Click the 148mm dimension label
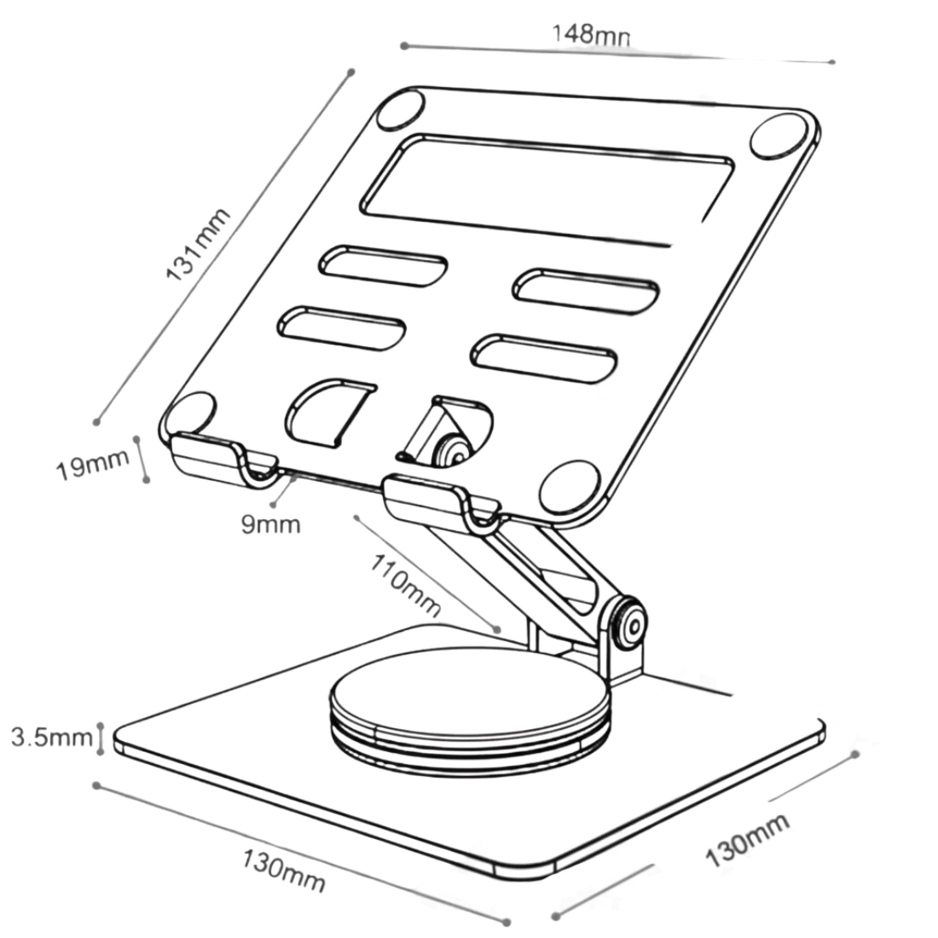[591, 35]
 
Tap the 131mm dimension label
[199, 244]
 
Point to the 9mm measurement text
[270, 524]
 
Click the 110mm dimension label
[406, 584]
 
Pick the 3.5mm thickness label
[51, 737]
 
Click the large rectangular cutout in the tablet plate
[546, 189]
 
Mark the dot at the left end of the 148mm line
[404, 45]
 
